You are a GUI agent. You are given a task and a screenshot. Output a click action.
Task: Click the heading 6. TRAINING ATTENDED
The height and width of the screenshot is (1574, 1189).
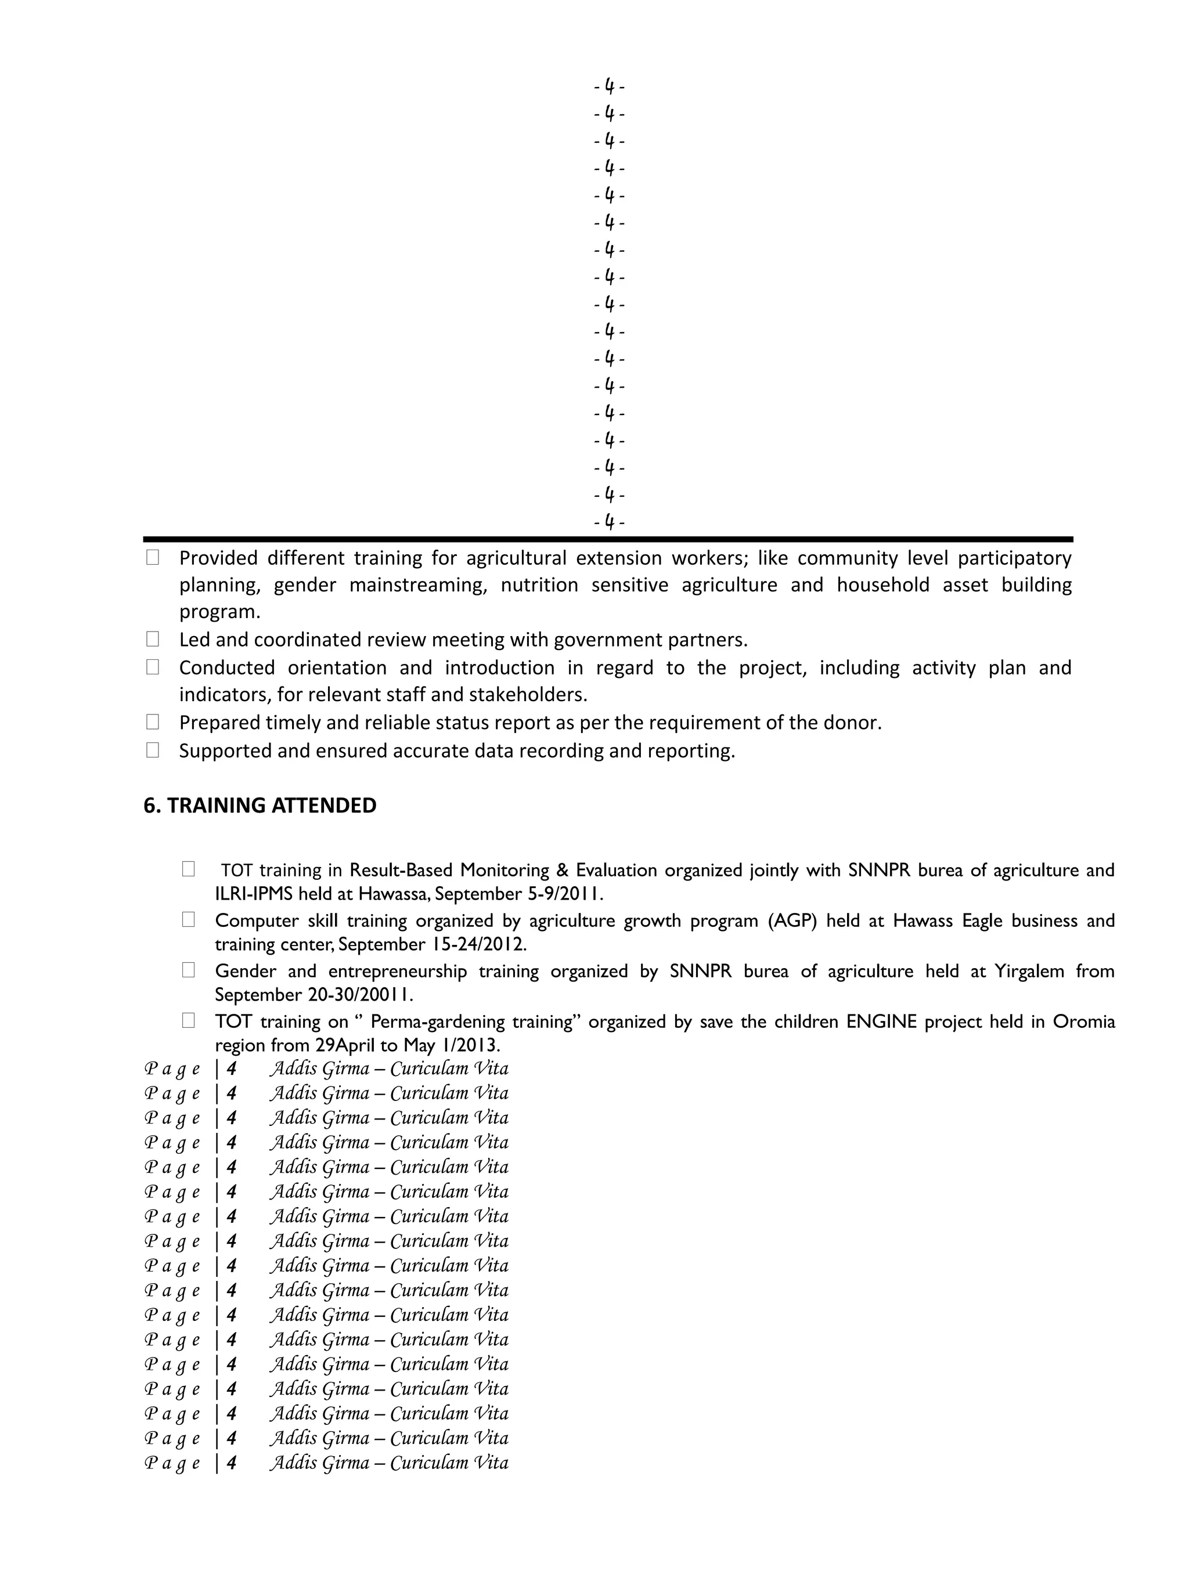(x=260, y=806)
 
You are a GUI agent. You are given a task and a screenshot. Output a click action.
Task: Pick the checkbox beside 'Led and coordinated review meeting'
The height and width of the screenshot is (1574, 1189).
(x=152, y=639)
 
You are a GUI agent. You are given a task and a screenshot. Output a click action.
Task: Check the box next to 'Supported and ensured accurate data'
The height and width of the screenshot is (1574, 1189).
(x=152, y=750)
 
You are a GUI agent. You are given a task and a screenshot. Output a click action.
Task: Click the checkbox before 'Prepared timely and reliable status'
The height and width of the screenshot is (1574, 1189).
(x=152, y=721)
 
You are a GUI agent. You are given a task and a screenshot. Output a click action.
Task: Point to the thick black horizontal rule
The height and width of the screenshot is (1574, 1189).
(x=607, y=539)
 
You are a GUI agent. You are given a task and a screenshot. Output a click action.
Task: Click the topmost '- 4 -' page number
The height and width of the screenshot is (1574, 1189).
(x=609, y=87)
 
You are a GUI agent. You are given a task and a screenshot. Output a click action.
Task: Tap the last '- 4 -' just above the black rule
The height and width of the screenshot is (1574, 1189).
(x=609, y=522)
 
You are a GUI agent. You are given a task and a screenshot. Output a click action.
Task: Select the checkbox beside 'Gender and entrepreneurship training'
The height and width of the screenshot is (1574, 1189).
(x=188, y=970)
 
